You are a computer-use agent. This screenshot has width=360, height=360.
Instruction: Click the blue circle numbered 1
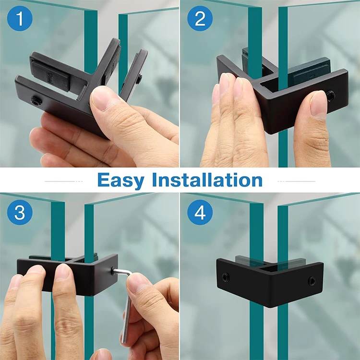(x=20, y=18)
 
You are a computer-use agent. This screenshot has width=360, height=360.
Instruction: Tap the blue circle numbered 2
(x=200, y=18)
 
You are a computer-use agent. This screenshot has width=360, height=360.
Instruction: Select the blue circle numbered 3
(x=20, y=212)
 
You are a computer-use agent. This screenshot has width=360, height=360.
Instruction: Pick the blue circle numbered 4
(x=200, y=212)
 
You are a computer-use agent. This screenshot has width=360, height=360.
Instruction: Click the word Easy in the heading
(x=121, y=180)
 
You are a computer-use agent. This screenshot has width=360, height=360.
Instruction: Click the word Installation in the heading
(x=207, y=180)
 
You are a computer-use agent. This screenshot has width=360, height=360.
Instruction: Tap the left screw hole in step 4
(x=226, y=277)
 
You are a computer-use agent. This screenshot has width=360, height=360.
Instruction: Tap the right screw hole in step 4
(x=312, y=281)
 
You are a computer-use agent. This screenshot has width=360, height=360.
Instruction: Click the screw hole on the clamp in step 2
(x=331, y=96)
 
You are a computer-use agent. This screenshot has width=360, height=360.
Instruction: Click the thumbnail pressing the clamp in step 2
(x=318, y=105)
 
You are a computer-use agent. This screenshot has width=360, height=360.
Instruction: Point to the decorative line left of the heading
(x=63, y=181)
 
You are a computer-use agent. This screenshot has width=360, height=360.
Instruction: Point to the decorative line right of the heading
(x=297, y=181)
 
